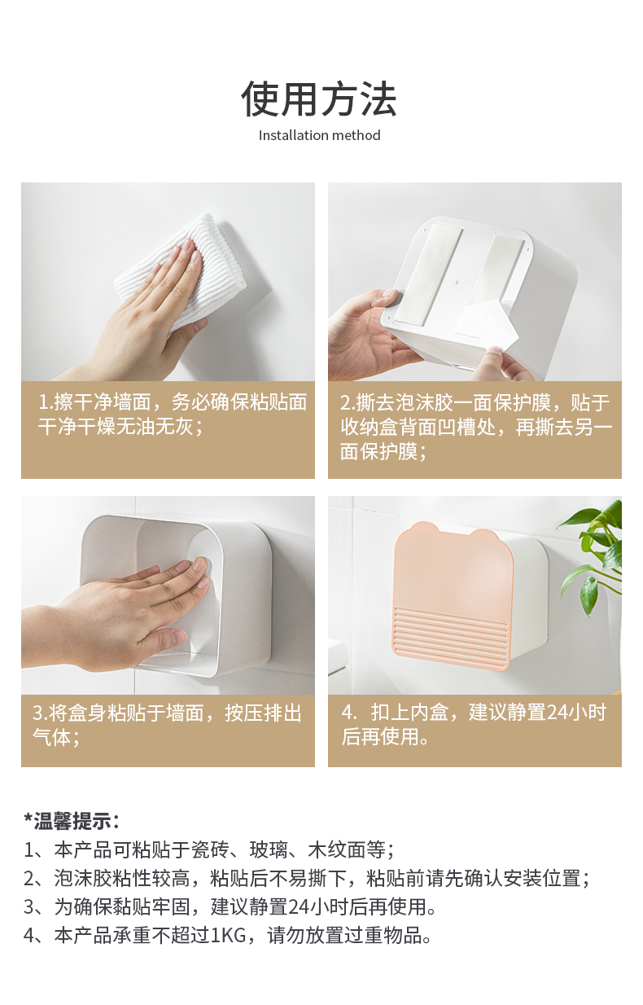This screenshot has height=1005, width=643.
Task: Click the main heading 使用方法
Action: tap(319, 99)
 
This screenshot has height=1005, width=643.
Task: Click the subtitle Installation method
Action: tap(319, 135)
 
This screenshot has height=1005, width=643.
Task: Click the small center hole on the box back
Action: tap(457, 283)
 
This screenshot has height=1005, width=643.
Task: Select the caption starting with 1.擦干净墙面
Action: tap(173, 414)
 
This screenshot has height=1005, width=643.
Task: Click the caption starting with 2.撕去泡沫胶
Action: tap(476, 427)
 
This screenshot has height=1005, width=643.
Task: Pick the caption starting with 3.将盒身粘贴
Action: tap(167, 725)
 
